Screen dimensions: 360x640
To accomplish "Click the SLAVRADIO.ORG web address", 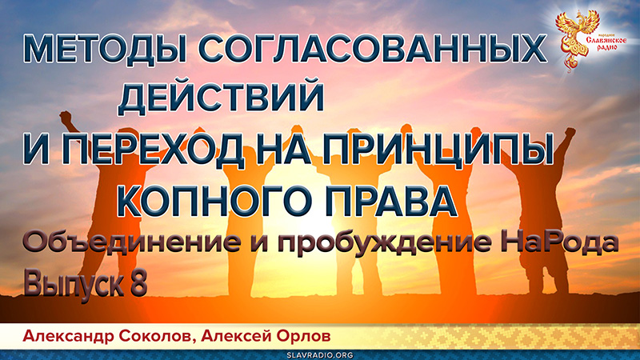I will [319, 353].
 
